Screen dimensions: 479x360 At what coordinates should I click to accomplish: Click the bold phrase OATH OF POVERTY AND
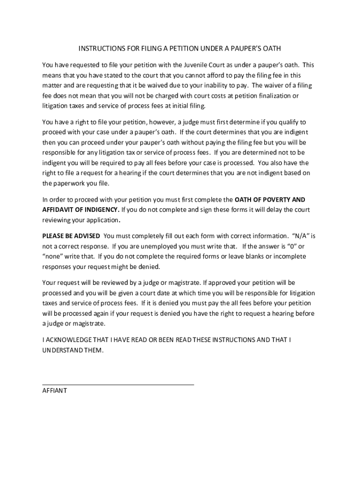click(270, 199)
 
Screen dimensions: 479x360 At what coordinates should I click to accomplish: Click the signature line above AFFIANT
click(118, 384)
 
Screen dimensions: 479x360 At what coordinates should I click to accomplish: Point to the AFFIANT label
click(55, 390)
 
